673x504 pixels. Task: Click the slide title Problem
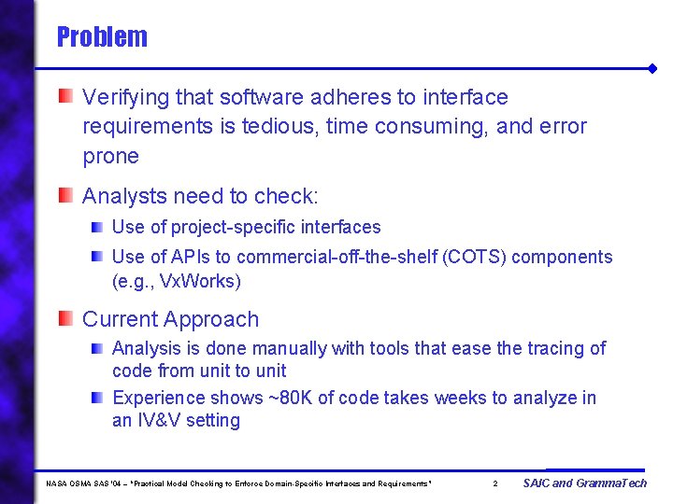coord(102,37)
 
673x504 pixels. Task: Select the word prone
coord(110,156)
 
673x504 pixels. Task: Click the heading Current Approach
coord(170,319)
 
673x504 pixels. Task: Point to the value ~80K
coord(298,398)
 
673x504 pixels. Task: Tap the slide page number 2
coord(495,483)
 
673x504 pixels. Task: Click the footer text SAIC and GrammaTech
coord(584,483)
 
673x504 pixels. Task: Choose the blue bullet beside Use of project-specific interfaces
coord(97,226)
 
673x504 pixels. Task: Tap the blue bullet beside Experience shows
coord(97,397)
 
